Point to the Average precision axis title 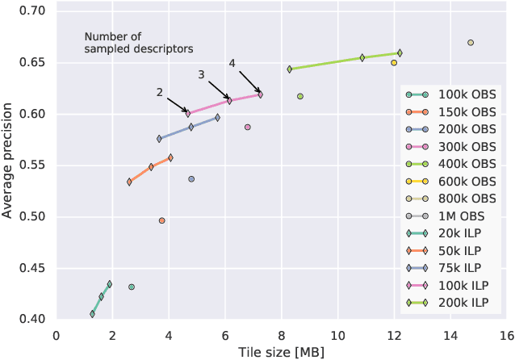pos(8,164)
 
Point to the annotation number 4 pos(232,63)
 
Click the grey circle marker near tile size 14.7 pos(471,43)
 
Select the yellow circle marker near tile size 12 pos(394,63)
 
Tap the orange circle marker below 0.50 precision pos(161,220)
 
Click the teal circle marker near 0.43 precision pos(132,287)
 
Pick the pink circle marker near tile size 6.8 pos(248,127)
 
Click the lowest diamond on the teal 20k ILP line pos(92,314)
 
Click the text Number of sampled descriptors pos(138,43)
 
